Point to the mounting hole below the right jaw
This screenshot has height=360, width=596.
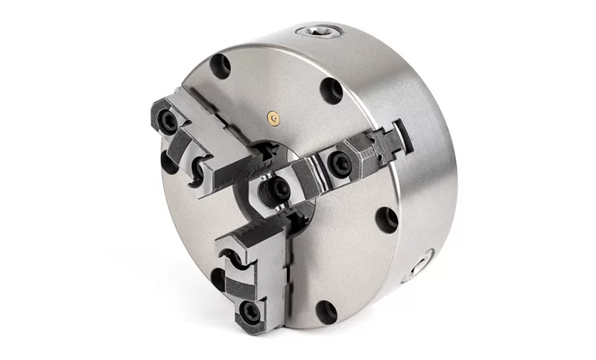click(387, 218)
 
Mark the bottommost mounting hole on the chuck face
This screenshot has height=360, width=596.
click(326, 311)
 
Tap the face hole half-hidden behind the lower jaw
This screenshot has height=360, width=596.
click(219, 279)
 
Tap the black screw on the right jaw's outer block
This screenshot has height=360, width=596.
click(337, 160)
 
